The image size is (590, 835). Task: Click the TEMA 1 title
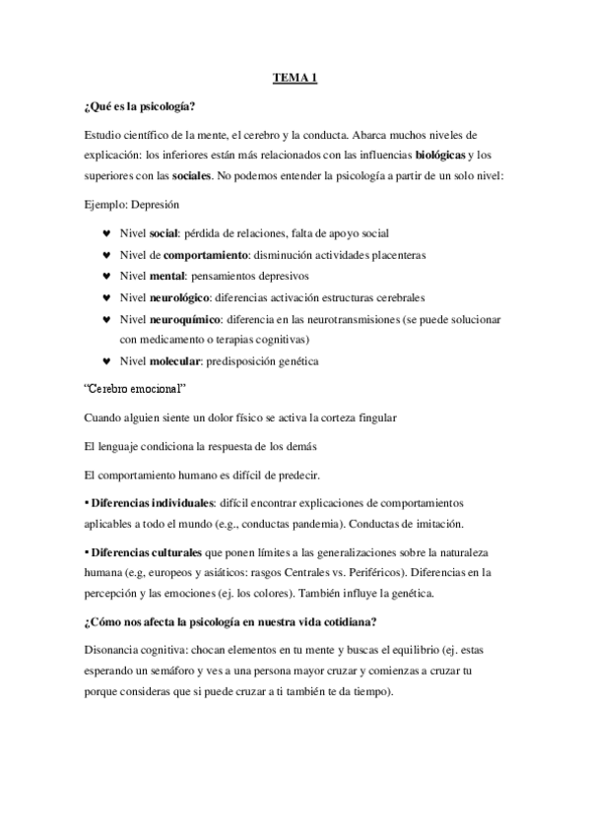tap(295, 78)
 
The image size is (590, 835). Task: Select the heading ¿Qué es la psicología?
tap(145, 107)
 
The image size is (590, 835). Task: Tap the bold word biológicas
tap(440, 155)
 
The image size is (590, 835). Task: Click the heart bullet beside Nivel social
tap(106, 233)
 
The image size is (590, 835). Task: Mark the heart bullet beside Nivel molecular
tap(106, 360)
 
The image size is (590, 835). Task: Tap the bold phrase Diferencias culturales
tap(149, 550)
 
